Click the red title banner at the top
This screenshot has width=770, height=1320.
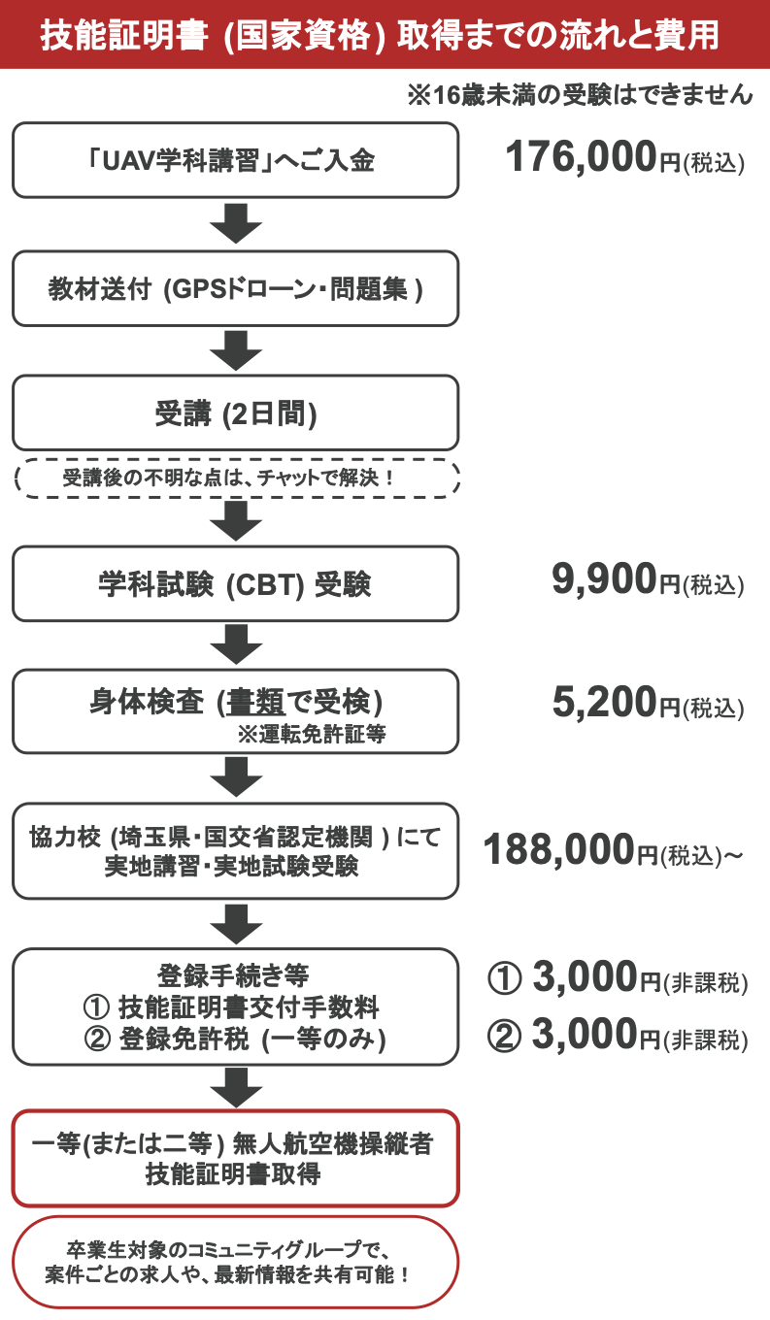(x=385, y=34)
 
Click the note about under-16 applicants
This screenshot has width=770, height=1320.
(x=580, y=94)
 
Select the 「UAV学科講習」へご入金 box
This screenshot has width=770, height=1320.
(x=235, y=160)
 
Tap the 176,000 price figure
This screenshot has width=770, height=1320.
(x=581, y=159)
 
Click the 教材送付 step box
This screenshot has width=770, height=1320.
(x=235, y=288)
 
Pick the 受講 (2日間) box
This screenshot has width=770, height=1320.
(x=235, y=413)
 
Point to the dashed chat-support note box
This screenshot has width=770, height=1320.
(x=235, y=478)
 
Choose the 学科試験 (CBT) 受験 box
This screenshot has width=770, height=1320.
(x=235, y=583)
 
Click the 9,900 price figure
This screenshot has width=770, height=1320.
(x=604, y=581)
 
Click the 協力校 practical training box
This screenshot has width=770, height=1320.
(x=235, y=851)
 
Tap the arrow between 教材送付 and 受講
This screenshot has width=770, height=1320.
(x=235, y=350)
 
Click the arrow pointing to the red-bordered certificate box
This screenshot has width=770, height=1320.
(x=235, y=1086)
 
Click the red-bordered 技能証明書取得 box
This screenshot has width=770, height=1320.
(x=235, y=1158)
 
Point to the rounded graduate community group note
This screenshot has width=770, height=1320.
(x=235, y=1261)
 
